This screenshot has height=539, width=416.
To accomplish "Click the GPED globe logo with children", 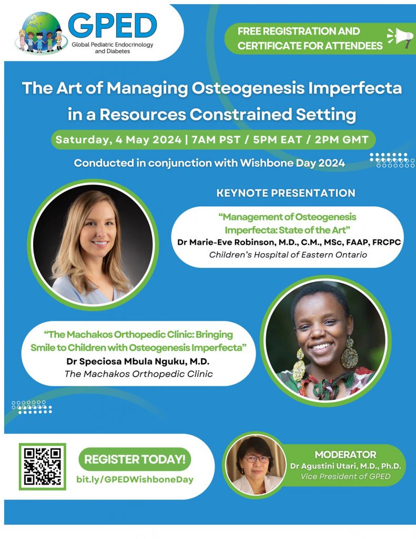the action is [x=40, y=33].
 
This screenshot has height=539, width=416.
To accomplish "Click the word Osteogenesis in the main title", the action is [x=248, y=88].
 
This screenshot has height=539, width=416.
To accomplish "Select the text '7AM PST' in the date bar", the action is [x=216, y=139].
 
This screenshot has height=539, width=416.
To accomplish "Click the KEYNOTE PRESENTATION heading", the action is [x=286, y=193].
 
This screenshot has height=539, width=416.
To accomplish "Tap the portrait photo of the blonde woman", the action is [x=93, y=244].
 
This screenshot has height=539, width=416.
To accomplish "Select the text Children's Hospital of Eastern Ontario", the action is [x=288, y=255].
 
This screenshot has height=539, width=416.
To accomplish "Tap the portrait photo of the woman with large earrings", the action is [x=326, y=341].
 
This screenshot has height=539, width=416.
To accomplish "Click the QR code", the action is [x=42, y=466].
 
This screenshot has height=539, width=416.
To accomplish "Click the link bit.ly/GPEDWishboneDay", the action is [x=135, y=480].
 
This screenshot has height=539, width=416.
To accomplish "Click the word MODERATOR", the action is [x=346, y=454].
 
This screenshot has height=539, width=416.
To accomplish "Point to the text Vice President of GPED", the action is [x=346, y=476].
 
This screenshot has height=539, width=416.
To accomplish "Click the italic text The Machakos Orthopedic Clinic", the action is [x=138, y=374].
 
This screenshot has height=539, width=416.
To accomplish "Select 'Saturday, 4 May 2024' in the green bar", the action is [x=118, y=139].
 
